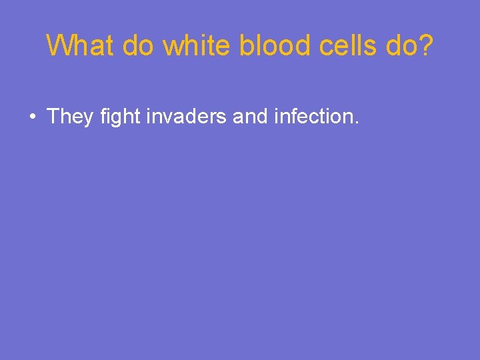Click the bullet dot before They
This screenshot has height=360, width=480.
coord(32,117)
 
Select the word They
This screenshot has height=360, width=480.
coord(70,117)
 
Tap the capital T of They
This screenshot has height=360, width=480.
coord(53,117)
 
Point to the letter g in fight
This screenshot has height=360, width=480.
coord(116,120)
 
